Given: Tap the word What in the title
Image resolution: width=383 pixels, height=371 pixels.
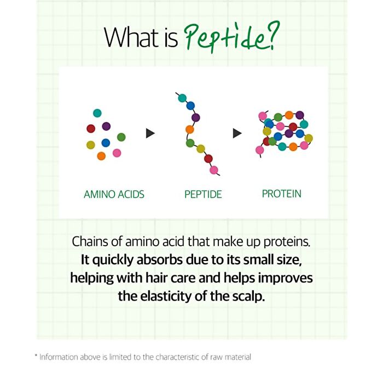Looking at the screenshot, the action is pyautogui.click(x=132, y=37).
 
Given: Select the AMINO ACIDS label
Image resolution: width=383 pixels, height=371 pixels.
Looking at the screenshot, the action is pyautogui.click(x=114, y=194).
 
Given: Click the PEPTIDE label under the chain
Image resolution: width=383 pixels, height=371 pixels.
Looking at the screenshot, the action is pyautogui.click(x=203, y=194).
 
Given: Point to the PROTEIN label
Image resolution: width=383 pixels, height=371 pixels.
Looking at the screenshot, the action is pyautogui.click(x=281, y=194).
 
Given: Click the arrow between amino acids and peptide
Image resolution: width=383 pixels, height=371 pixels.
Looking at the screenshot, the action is pyautogui.click(x=150, y=134).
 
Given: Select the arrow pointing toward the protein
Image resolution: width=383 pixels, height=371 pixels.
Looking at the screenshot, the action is pyautogui.click(x=237, y=134).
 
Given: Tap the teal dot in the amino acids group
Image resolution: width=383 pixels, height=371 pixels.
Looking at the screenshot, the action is pyautogui.click(x=97, y=113).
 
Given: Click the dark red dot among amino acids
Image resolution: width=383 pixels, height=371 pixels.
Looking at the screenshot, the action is pyautogui.click(x=91, y=129).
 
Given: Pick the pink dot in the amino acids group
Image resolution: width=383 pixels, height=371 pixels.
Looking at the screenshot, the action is pyautogui.click(x=117, y=153).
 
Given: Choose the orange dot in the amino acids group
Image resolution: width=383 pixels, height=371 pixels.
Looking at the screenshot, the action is pyautogui.click(x=101, y=156).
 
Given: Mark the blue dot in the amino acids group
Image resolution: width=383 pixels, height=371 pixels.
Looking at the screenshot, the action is pyautogui.click(x=106, y=143).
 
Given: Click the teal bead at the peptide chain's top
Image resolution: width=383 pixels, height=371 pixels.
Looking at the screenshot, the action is pyautogui.click(x=182, y=98).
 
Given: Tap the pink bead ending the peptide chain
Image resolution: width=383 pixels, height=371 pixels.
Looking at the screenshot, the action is pyautogui.click(x=214, y=170).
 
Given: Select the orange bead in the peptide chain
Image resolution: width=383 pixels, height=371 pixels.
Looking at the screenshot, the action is pyautogui.click(x=189, y=130).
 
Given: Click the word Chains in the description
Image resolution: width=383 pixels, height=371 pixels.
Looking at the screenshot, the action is pyautogui.click(x=90, y=241).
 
